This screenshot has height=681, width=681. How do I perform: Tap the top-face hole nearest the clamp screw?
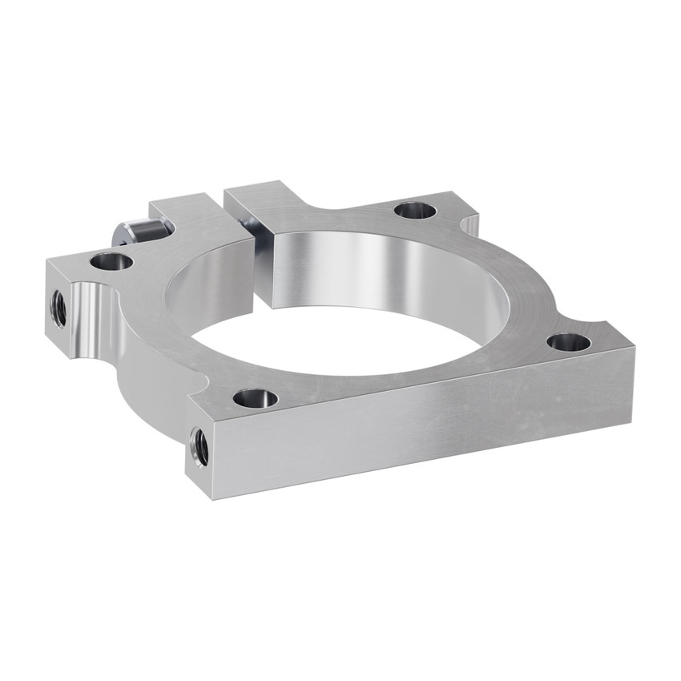(111, 260)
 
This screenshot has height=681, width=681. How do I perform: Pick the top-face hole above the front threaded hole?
(256, 397)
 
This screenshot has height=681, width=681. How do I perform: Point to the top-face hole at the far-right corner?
(569, 343)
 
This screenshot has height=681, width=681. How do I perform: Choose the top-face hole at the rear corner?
(415, 211)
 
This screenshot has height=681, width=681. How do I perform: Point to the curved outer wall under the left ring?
(152, 369)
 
